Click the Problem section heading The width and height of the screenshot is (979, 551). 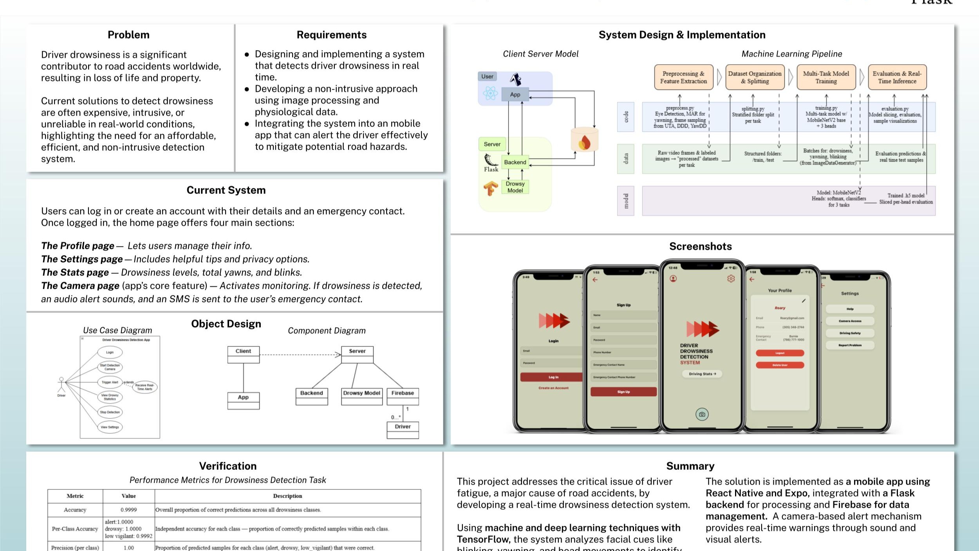click(x=128, y=35)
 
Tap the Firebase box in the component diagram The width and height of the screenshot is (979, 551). click(x=403, y=393)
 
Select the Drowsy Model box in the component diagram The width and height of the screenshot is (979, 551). click(x=361, y=393)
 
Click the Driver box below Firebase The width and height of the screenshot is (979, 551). click(x=403, y=427)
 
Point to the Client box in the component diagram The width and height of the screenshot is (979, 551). click(x=243, y=352)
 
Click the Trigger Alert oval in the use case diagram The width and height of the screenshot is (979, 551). click(x=110, y=382)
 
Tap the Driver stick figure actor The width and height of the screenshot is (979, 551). click(x=61, y=385)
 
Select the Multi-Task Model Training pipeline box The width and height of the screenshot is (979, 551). click(x=826, y=77)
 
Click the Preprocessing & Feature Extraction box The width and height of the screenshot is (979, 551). click(x=683, y=77)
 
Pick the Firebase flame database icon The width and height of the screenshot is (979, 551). click(x=584, y=141)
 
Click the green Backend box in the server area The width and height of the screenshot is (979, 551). click(x=515, y=162)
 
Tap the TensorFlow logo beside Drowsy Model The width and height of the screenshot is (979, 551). click(x=490, y=188)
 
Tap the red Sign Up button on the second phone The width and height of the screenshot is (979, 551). click(x=623, y=391)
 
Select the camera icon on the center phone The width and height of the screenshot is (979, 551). click(x=702, y=414)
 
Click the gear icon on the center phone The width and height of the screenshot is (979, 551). click(x=731, y=279)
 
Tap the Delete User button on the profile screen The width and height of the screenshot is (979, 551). click(x=780, y=365)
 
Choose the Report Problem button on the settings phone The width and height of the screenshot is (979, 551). click(x=850, y=345)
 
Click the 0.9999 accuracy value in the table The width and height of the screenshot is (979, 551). click(x=128, y=510)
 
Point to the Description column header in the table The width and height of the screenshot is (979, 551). click(x=287, y=496)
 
